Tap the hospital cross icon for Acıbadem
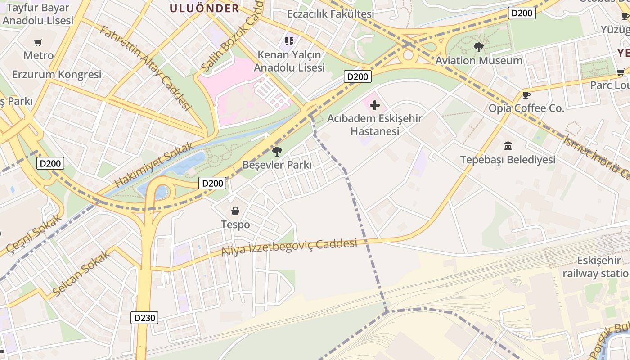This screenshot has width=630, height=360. [374, 106]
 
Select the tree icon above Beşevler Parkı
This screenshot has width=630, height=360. [277, 151]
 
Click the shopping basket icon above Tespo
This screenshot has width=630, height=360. [235, 211]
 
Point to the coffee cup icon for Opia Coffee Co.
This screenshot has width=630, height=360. [526, 95]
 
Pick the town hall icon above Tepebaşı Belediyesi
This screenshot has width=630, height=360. [508, 146]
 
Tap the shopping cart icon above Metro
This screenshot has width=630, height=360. [38, 42]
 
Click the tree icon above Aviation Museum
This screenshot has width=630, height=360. [479, 47]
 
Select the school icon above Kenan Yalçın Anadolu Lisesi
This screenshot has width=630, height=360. [289, 41]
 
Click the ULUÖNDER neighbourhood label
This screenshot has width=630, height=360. [204, 8]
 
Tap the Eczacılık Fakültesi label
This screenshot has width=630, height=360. [330, 14]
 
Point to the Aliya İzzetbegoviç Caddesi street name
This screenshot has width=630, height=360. [289, 247]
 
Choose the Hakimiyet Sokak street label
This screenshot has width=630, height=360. [154, 165]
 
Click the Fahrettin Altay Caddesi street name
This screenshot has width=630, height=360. [145, 67]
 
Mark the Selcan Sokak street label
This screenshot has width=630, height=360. [81, 274]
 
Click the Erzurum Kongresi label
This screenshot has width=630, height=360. [57, 74]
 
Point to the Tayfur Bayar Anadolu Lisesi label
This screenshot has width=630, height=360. [37, 14]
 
